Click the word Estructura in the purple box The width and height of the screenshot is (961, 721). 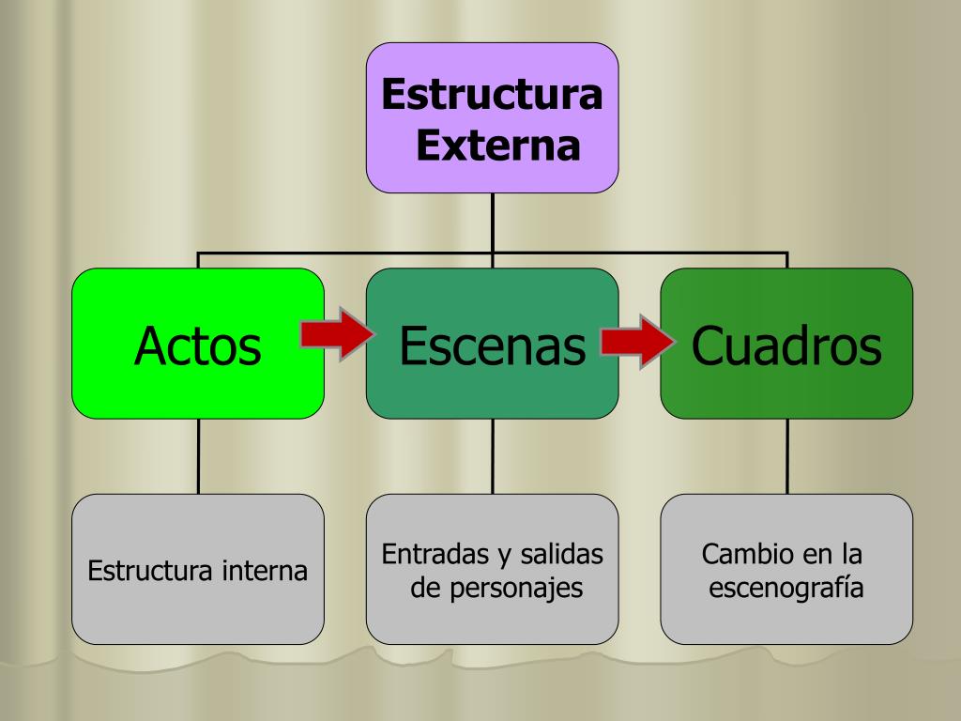[492, 96]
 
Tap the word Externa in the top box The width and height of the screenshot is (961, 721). [497, 146]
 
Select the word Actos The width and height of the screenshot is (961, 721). [197, 345]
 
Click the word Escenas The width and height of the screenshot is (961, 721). [492, 345]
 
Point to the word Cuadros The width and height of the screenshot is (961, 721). [786, 345]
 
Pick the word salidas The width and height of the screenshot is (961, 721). [563, 555]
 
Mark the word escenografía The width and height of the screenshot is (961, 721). [786, 589]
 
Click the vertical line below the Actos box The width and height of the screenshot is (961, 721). [198, 456]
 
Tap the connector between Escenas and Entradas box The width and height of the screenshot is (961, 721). [493, 456]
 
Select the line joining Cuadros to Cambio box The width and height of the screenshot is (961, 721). [786, 456]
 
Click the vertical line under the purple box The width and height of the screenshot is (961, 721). [493, 222]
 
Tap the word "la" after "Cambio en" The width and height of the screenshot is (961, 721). [849, 554]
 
